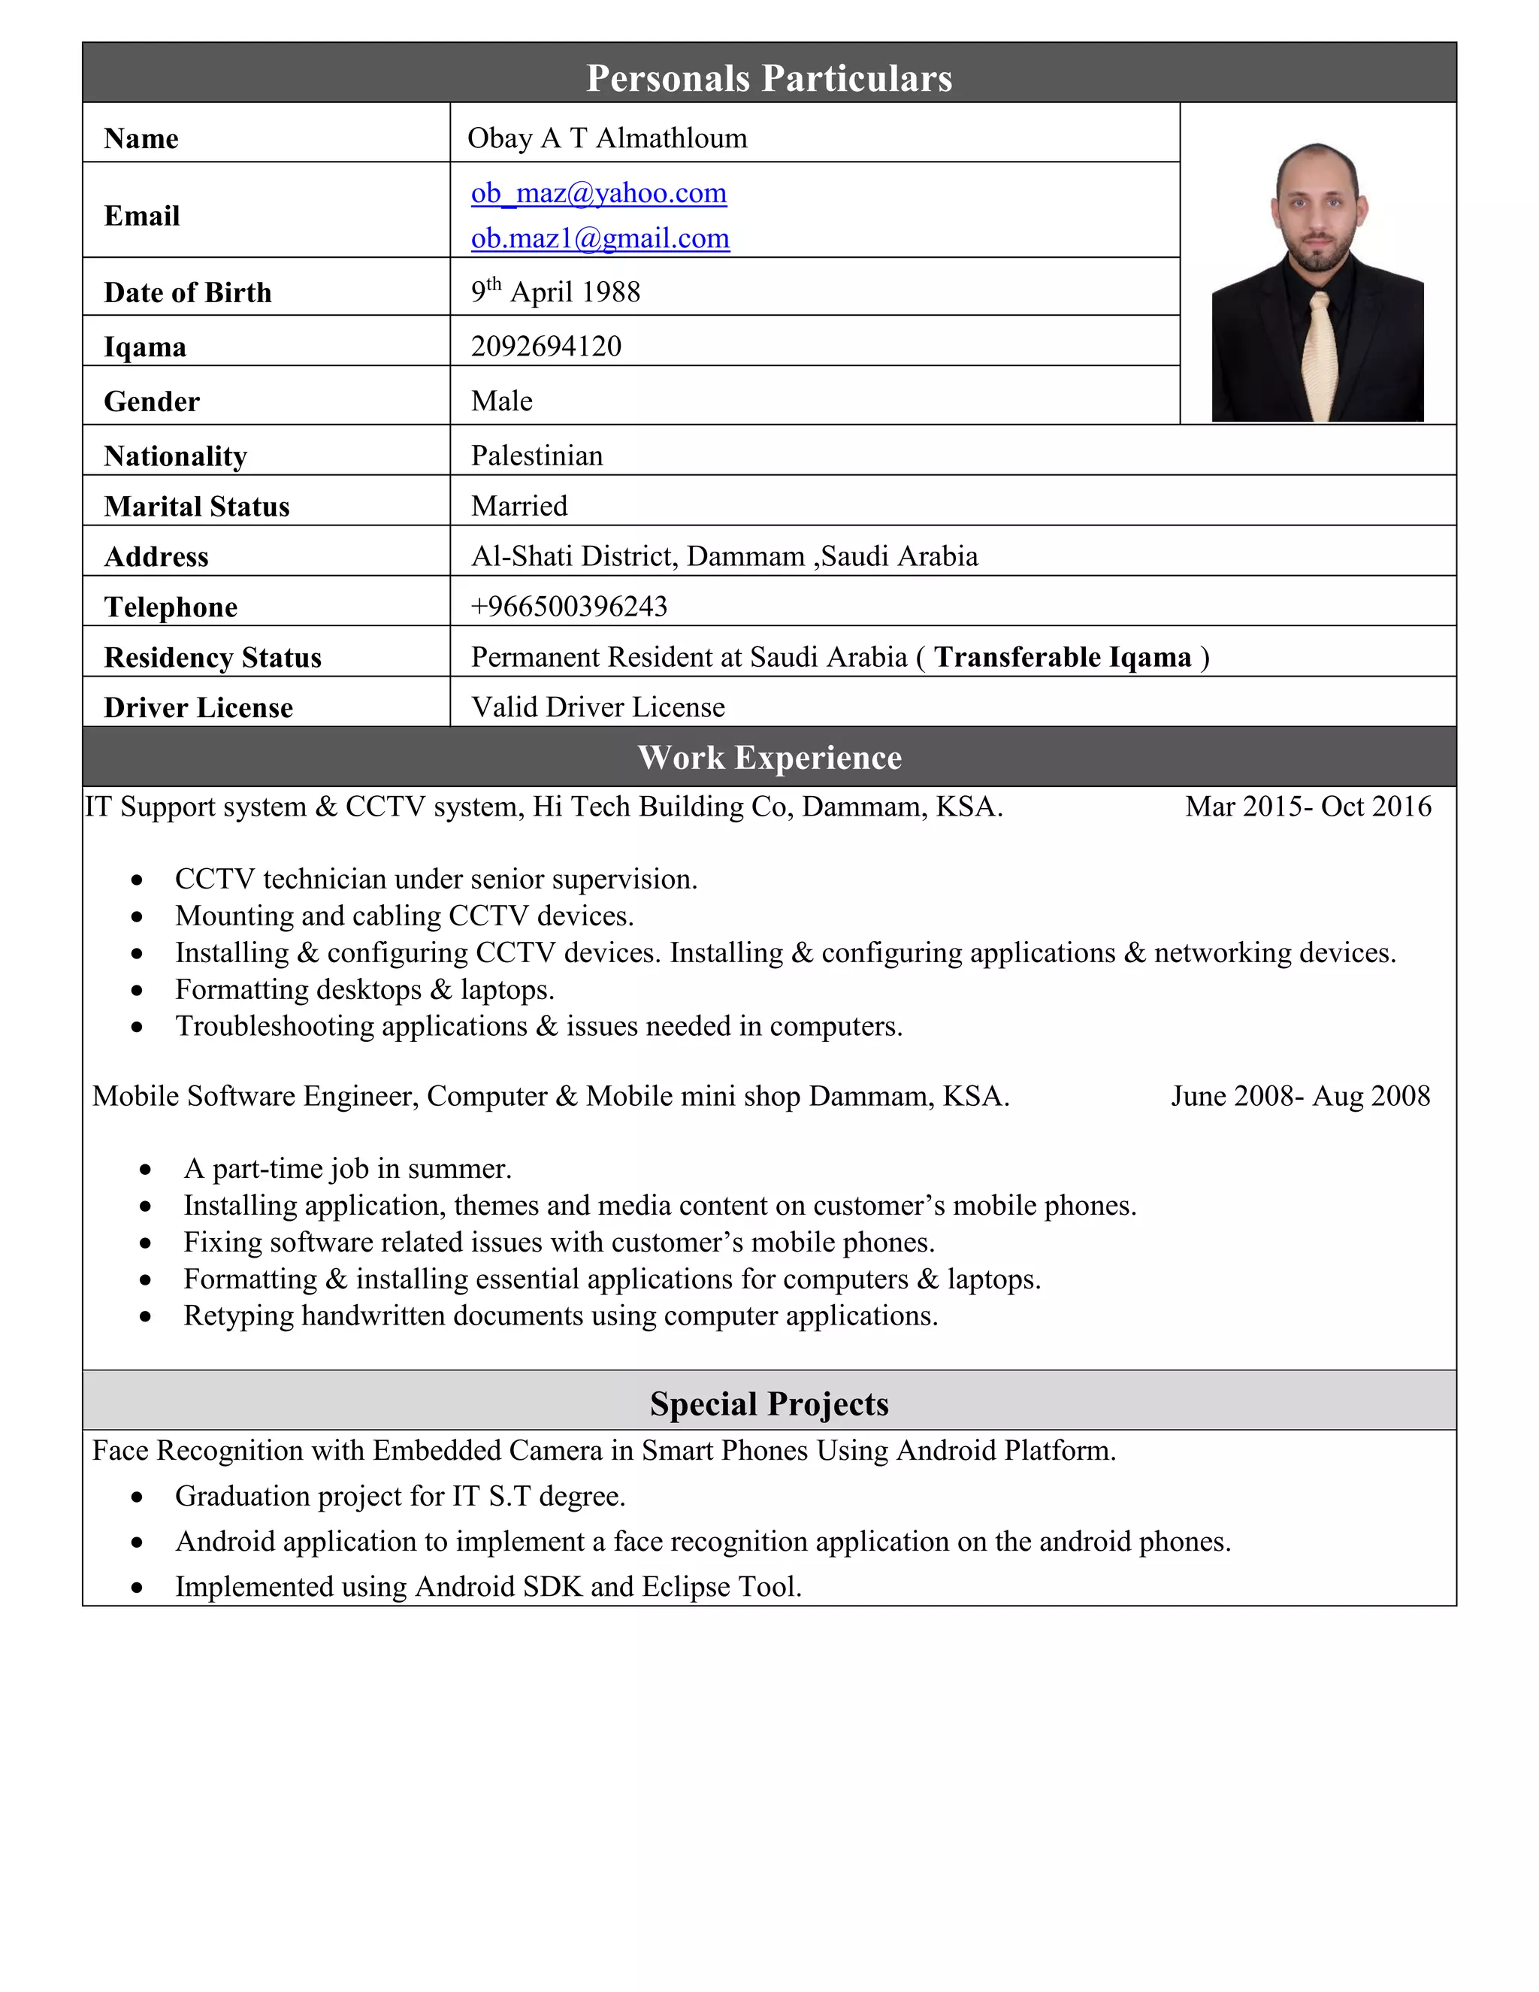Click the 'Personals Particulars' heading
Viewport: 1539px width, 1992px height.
click(x=769, y=77)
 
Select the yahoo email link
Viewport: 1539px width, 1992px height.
click(x=598, y=193)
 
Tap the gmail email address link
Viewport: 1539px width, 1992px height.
click(x=600, y=238)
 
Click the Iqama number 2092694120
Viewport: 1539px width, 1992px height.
click(x=546, y=346)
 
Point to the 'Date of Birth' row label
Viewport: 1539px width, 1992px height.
click(x=188, y=292)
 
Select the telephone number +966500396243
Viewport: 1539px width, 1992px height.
click(x=569, y=607)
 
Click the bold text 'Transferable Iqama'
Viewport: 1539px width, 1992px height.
click(x=1062, y=657)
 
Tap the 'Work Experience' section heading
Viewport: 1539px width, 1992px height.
click(x=769, y=757)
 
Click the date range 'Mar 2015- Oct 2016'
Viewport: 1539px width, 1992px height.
click(x=1308, y=807)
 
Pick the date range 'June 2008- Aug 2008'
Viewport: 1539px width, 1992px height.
click(x=1300, y=1095)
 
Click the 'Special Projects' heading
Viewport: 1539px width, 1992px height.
click(x=769, y=1403)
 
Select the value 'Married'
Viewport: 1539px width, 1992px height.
click(x=519, y=506)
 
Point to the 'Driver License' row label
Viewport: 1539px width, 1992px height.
click(x=198, y=708)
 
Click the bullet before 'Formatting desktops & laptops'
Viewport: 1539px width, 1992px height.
click(x=137, y=991)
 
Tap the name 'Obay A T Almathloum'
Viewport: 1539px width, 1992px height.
click(x=606, y=138)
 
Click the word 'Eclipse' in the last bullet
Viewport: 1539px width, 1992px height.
click(x=685, y=1587)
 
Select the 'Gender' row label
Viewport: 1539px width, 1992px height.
click(x=151, y=401)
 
